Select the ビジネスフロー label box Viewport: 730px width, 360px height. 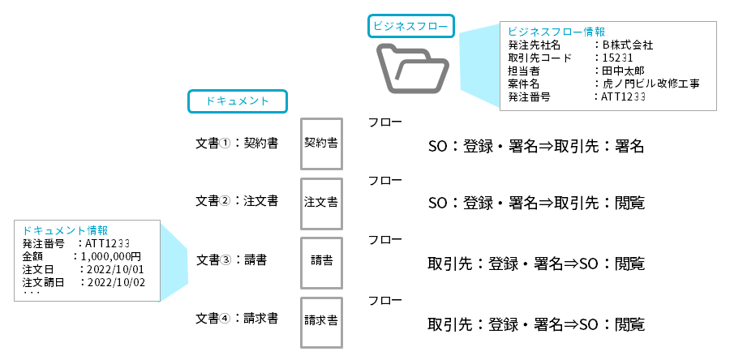411,25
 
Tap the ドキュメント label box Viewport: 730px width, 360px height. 238,101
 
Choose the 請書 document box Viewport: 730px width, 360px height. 321,261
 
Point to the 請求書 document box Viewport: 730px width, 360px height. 321,320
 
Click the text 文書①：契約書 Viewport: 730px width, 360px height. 238,143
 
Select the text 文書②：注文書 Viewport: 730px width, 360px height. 238,201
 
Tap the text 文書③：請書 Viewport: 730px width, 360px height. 232,261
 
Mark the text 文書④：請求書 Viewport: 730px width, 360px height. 238,319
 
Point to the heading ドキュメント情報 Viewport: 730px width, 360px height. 66,230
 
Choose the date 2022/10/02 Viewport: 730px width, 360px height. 115,282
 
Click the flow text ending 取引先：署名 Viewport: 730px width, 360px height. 536,147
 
